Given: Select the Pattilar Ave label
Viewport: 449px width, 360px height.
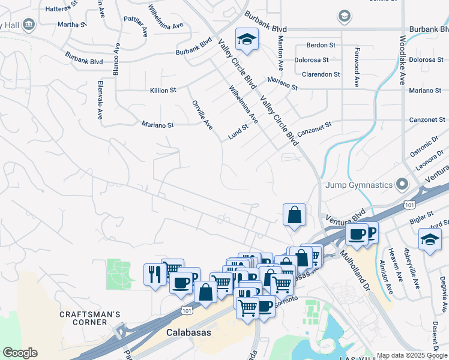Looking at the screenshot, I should point(136,27).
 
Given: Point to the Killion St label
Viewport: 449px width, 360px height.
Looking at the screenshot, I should point(163,91).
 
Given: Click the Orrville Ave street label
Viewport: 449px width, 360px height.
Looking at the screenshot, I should point(202,115).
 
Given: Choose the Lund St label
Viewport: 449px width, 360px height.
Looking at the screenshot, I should point(238,132).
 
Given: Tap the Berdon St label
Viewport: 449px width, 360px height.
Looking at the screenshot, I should point(321,45).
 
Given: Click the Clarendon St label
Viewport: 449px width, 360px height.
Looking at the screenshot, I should point(321,74).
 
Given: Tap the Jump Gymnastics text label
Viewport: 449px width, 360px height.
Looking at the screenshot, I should point(358,185).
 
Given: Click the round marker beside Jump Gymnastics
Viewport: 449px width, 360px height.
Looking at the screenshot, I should point(402,184).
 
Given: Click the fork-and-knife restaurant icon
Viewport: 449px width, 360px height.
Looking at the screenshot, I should point(155,274).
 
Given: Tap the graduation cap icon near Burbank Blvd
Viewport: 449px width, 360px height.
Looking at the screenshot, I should point(246,39).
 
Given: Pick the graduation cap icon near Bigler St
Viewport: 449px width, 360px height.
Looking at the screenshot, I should point(430,239).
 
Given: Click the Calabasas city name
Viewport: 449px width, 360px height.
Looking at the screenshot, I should point(186,332).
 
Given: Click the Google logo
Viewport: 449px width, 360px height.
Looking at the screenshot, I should point(20,353).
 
